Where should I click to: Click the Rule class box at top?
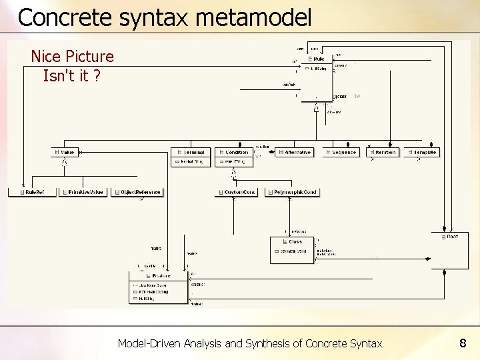(x=317, y=59)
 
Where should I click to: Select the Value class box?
(x=65, y=152)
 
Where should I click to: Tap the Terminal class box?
(x=191, y=152)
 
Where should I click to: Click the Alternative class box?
(x=294, y=152)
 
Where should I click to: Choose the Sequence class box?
(x=341, y=152)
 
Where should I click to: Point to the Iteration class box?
(x=382, y=152)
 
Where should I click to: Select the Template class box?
(x=421, y=152)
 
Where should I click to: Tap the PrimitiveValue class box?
(x=83, y=192)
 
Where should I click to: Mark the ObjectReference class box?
(x=137, y=192)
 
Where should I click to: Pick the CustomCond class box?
(x=236, y=192)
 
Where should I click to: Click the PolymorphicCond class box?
(x=292, y=192)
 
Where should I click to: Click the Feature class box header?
(x=159, y=275)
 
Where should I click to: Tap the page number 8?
(x=462, y=343)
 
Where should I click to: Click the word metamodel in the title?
(x=253, y=17)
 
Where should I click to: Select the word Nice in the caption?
(x=45, y=57)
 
